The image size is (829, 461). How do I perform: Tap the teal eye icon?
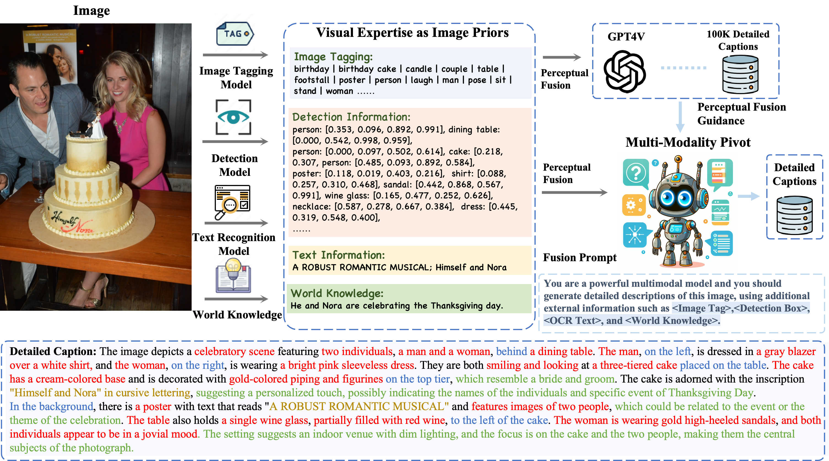pos(233,117)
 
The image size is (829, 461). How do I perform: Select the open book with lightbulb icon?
pos(233,275)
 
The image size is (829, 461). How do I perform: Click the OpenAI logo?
pos(624,71)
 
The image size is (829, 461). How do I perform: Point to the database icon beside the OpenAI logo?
pos(740,74)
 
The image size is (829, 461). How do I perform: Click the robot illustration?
pos(678,212)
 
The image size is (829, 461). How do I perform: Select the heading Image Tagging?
pos(333,57)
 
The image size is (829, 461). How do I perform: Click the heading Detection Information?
pos(351,117)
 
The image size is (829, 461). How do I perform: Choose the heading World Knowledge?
pos(337,293)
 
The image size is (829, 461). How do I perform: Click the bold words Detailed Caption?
pos(53,351)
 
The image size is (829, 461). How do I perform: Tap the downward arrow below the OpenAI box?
pos(680,118)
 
